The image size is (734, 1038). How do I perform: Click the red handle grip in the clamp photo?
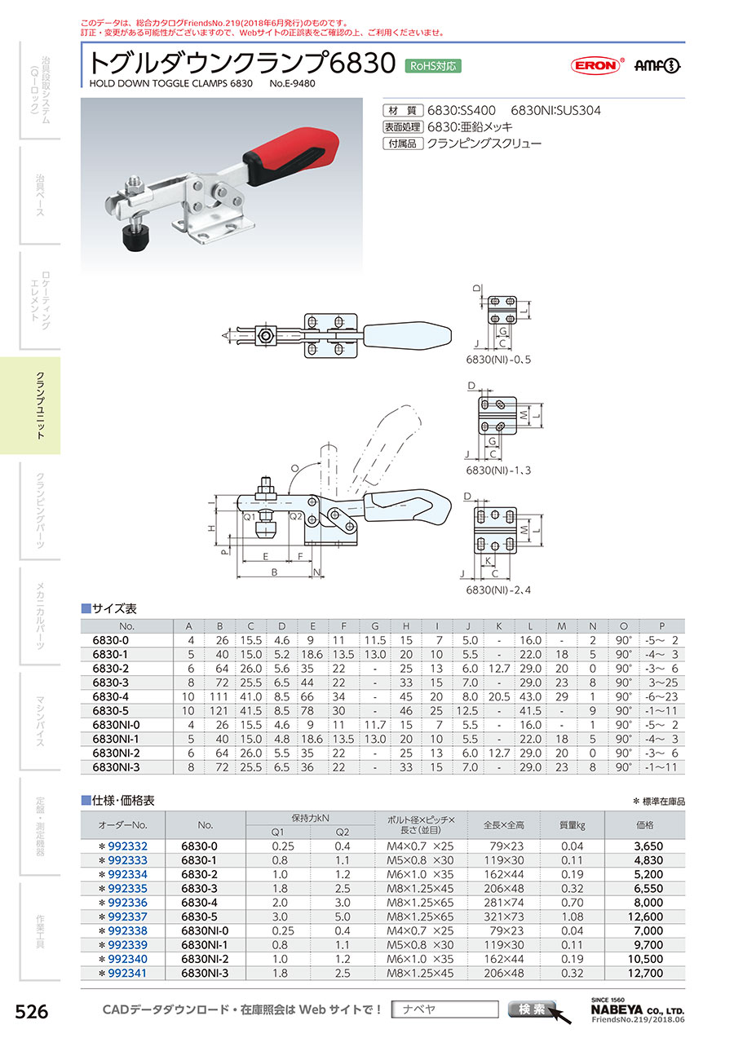[x=290, y=148]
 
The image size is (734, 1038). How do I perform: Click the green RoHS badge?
[x=433, y=65]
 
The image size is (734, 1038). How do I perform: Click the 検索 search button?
[x=533, y=1009]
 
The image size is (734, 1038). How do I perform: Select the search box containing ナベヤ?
[x=444, y=1009]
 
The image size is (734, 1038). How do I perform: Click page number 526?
[x=33, y=1012]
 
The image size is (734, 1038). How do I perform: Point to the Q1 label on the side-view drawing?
[x=250, y=517]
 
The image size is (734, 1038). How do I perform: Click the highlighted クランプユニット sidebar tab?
[x=39, y=405]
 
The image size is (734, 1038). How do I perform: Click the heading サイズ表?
[x=113, y=608]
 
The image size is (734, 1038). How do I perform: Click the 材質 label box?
[x=400, y=110]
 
